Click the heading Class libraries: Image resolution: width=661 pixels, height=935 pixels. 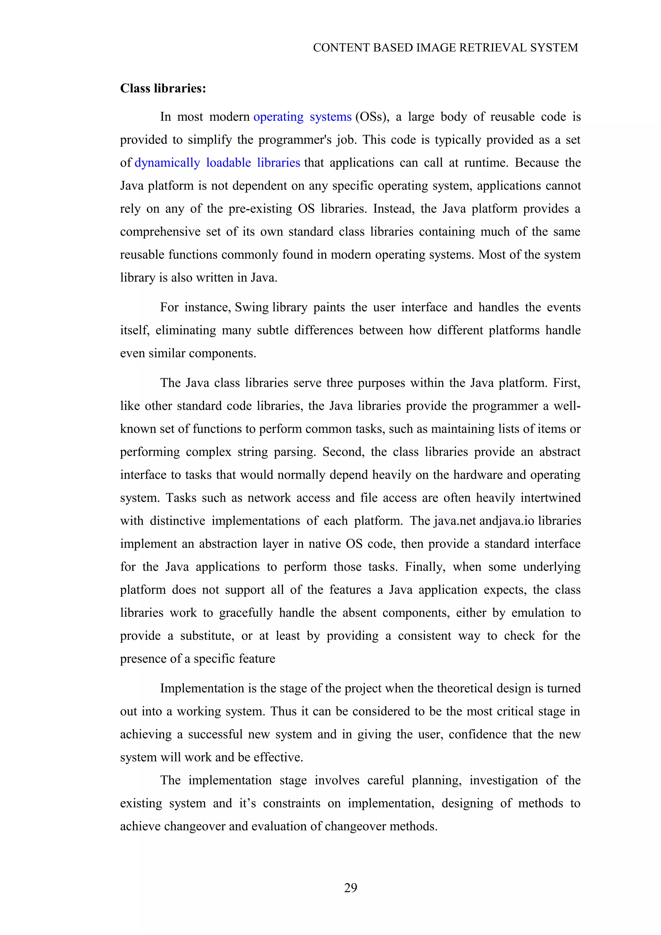pos(163,88)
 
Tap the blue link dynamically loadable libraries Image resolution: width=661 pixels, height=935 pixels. pos(217,163)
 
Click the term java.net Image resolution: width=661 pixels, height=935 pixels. pos(454,521)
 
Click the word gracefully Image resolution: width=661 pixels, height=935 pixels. pos(246,613)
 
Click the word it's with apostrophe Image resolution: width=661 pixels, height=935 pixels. pos(248,803)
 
